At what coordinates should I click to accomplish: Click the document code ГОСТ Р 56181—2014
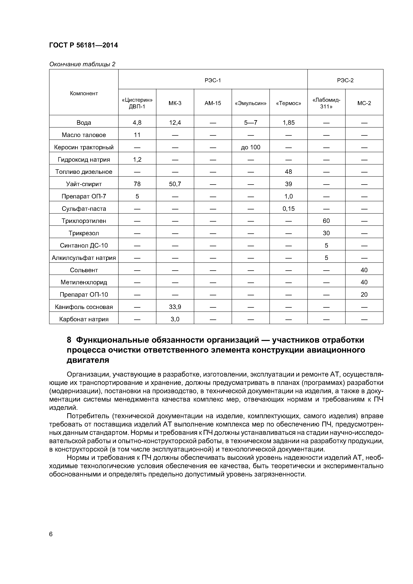(x=83, y=45)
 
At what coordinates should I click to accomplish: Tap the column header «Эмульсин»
(x=250, y=103)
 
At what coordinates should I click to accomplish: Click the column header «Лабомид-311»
(x=326, y=103)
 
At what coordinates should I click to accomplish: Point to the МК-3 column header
(x=175, y=103)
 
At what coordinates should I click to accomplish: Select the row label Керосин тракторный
(x=84, y=147)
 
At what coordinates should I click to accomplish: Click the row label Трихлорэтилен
(x=84, y=221)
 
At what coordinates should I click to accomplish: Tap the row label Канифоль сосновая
(x=84, y=307)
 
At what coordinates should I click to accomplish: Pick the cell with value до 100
(x=250, y=147)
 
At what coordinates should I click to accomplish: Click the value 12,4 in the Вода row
(x=175, y=123)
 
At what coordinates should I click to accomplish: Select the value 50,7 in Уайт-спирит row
(x=175, y=184)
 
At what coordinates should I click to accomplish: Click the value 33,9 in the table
(x=175, y=307)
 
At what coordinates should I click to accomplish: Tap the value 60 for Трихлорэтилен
(x=326, y=221)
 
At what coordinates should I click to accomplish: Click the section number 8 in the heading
(x=69, y=340)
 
